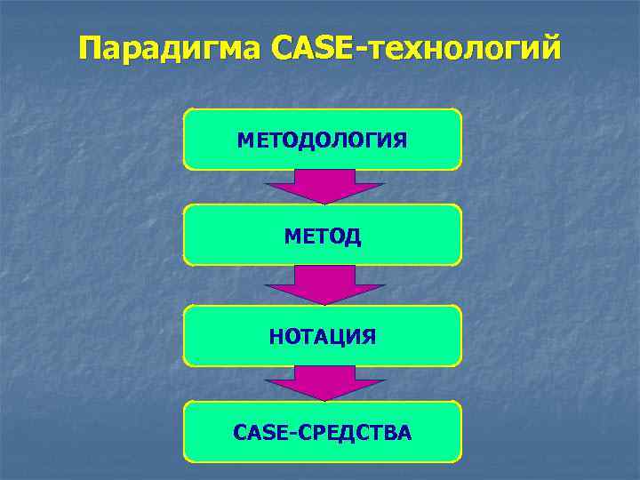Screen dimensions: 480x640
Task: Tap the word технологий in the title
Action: tap(462, 48)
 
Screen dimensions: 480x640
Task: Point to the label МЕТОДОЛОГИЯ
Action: tap(322, 140)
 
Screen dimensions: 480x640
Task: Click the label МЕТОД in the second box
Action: tap(322, 236)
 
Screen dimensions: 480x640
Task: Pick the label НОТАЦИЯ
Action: tap(322, 336)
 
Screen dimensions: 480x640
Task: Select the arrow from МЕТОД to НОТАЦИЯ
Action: tap(323, 284)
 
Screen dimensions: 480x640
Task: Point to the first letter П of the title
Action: tap(90, 48)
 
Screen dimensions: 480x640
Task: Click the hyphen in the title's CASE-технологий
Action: tap(360, 50)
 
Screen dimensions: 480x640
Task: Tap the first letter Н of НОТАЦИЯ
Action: tap(275, 336)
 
